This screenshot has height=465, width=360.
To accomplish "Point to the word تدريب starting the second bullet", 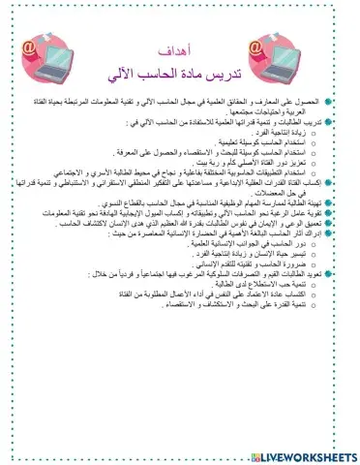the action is click(311, 123).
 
